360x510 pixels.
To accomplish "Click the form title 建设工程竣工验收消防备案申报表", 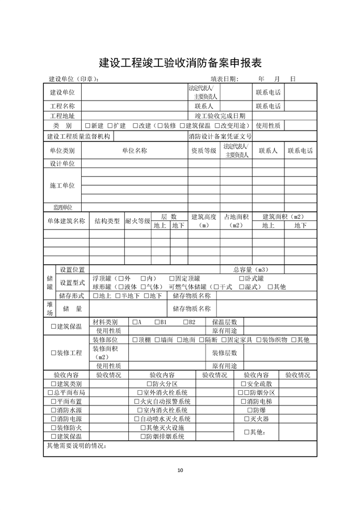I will [180, 61].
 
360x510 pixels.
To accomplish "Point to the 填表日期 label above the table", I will [225, 80].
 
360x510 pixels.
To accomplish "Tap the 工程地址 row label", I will [62, 115].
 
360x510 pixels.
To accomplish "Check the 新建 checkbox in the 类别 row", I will [87, 126].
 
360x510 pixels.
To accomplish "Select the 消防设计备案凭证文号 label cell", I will [220, 136].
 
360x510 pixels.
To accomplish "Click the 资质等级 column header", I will [203, 151].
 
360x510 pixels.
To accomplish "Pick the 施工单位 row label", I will [62, 186].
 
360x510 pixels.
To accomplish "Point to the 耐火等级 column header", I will [137, 221].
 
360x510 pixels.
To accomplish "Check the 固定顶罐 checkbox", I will [172, 278].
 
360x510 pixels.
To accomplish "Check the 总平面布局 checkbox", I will [49, 392].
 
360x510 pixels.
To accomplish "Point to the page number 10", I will [180, 470].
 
